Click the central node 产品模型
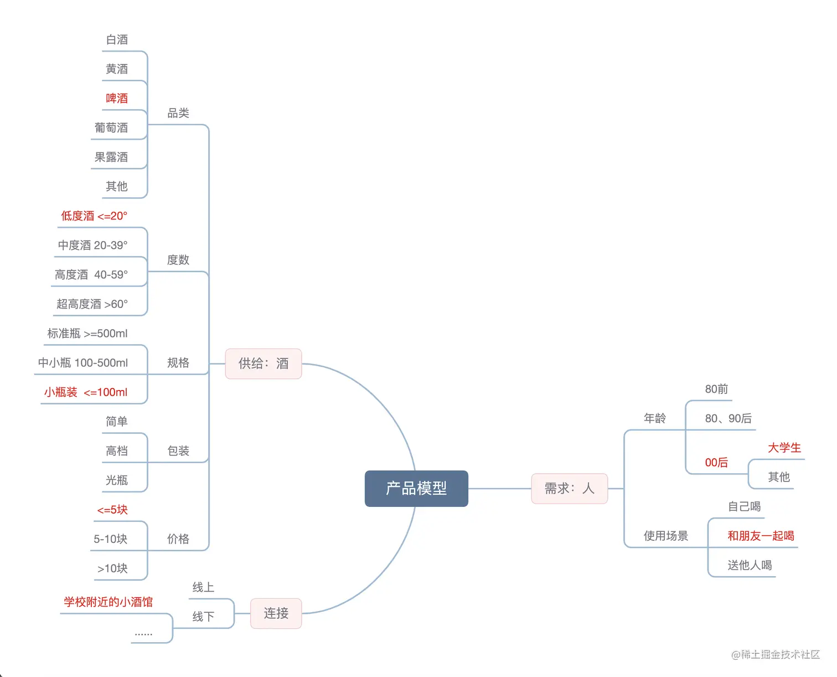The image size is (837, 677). coord(416,488)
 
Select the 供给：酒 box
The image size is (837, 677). coord(263,363)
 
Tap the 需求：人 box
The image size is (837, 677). coord(569,488)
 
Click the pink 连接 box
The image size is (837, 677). coord(276,613)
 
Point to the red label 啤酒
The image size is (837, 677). coord(117,98)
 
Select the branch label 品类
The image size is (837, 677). coord(178,113)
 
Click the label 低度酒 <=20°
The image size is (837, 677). coord(94,216)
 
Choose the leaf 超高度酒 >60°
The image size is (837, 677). coord(92,304)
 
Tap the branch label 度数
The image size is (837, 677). coord(178,260)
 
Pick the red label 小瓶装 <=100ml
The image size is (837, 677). coord(86,392)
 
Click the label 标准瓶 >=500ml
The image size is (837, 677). coord(87,334)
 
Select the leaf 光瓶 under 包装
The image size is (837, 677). coord(117,480)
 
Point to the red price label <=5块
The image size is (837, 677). coord(112,510)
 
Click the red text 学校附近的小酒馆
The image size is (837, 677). coord(108,602)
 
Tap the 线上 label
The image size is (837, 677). coord(203,587)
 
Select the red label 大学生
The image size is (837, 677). coord(784,448)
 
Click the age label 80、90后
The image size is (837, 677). coord(728,418)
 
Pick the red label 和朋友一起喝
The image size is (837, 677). coord(761,536)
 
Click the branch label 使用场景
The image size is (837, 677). coord(666,536)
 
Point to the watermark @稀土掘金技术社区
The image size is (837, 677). coord(775,654)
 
